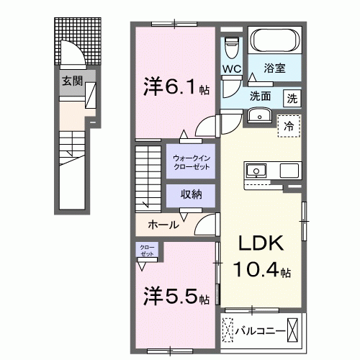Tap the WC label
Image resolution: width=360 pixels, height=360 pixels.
(x=232, y=69)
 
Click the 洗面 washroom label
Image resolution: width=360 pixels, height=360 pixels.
(x=261, y=96)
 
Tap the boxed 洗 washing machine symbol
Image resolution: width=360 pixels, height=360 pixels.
(x=292, y=96)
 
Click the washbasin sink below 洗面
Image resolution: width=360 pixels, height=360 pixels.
(x=258, y=117)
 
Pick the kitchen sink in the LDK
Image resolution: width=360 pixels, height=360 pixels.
(x=257, y=171)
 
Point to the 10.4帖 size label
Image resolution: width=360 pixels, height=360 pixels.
(x=261, y=272)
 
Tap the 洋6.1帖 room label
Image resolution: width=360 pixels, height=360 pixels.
(x=173, y=87)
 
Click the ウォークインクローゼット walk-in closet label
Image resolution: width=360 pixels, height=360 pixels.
(x=191, y=161)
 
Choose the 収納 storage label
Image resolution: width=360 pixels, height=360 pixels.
(x=191, y=194)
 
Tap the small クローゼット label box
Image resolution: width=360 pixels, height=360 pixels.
(x=147, y=251)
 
